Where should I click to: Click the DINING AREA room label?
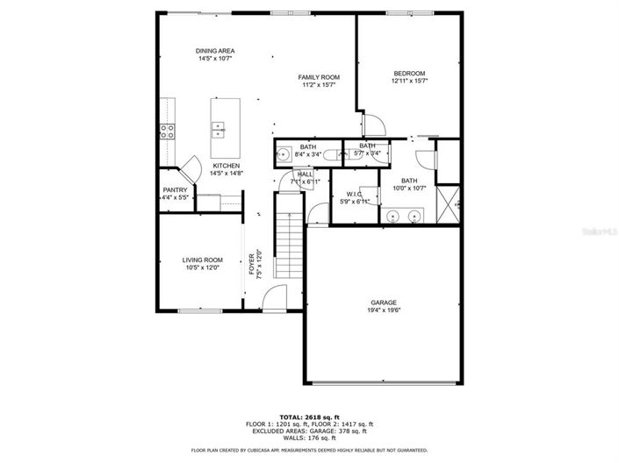pyautogui.click(x=214, y=51)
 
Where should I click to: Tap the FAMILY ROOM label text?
pyautogui.click(x=319, y=77)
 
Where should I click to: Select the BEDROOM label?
pyautogui.click(x=409, y=73)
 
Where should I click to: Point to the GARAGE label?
pyautogui.click(x=383, y=302)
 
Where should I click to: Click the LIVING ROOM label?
pyautogui.click(x=202, y=260)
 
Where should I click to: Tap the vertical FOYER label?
pyautogui.click(x=251, y=263)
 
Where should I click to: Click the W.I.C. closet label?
pyautogui.click(x=355, y=194)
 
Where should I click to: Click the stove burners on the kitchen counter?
pyautogui.click(x=166, y=132)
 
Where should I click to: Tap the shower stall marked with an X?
pyautogui.click(x=448, y=206)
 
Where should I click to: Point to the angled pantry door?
pyautogui.click(x=190, y=167)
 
